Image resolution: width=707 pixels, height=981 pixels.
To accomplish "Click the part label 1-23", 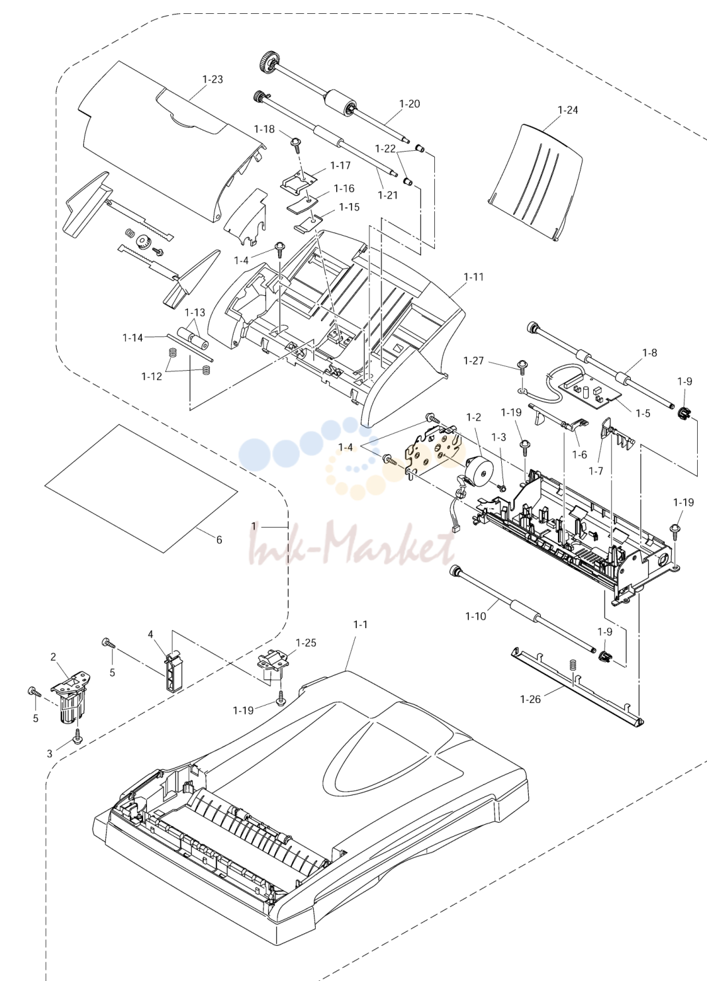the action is coord(212,79).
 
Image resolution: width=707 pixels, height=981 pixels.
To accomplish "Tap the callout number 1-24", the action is coord(568,110).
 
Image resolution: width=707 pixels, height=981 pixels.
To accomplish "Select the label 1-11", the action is coord(473,277).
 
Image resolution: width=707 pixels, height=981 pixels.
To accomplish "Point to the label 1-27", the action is coord(473,361).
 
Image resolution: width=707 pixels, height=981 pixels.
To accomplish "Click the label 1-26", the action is coord(530,699).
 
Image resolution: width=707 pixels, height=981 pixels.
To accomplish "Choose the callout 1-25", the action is coord(306,643).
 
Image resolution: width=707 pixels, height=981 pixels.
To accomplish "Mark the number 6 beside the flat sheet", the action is coord(219,540).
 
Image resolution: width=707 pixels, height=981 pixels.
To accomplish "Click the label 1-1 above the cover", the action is coord(361,624).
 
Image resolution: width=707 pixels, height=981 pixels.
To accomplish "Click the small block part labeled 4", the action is coord(173,669).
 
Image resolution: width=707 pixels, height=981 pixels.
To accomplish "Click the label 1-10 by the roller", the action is coord(476,616).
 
